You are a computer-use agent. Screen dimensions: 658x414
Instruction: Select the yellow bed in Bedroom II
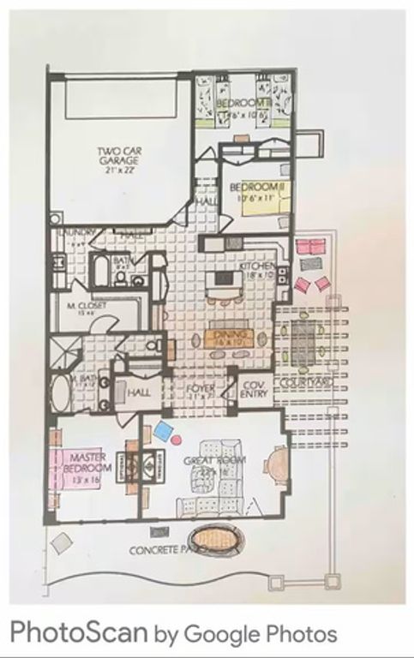pos(255,202)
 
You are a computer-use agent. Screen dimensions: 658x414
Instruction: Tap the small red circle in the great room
pos(177,440)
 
